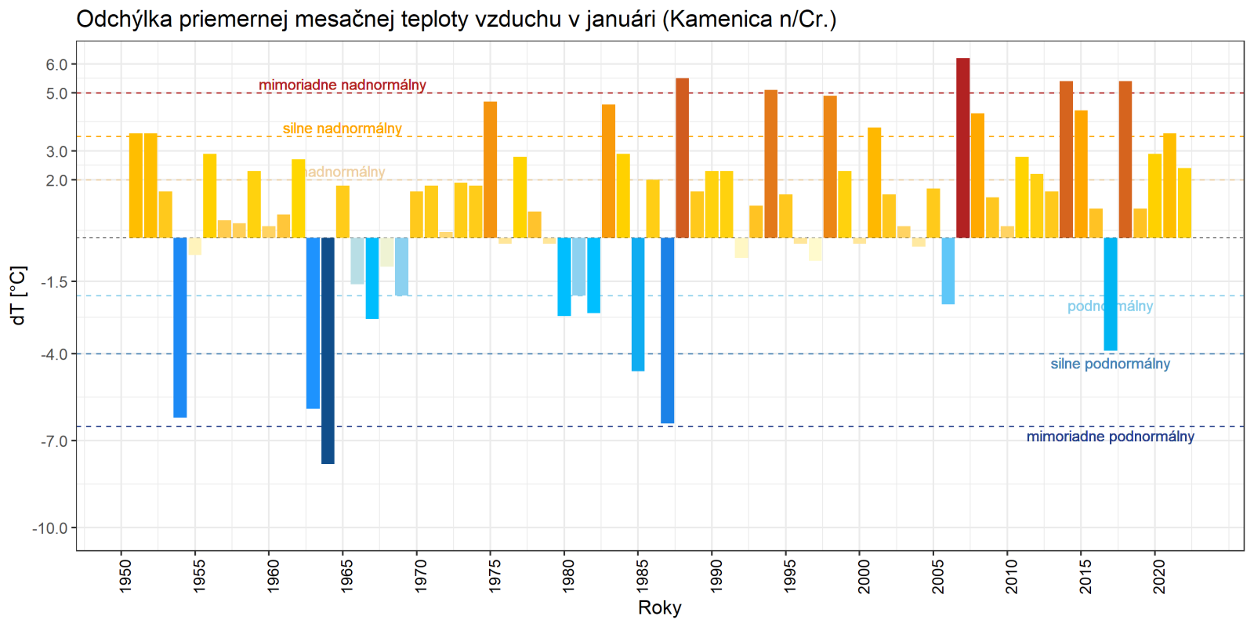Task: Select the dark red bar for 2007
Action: click(963, 148)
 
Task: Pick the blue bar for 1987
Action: click(668, 330)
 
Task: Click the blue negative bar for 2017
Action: click(1111, 294)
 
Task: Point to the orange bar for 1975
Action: click(491, 169)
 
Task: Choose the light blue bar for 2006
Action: click(948, 270)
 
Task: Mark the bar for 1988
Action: click(683, 158)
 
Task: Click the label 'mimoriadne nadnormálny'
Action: click(342, 85)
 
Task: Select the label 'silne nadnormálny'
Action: click(342, 129)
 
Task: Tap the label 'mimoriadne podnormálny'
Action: click(1111, 437)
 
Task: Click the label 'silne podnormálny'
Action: click(1111, 364)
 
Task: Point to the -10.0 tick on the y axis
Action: click(50, 528)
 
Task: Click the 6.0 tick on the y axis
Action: click(56, 65)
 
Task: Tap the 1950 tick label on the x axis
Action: click(125, 575)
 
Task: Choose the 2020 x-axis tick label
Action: click(1159, 575)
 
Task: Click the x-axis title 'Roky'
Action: click(660, 607)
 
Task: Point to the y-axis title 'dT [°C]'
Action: click(19, 295)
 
